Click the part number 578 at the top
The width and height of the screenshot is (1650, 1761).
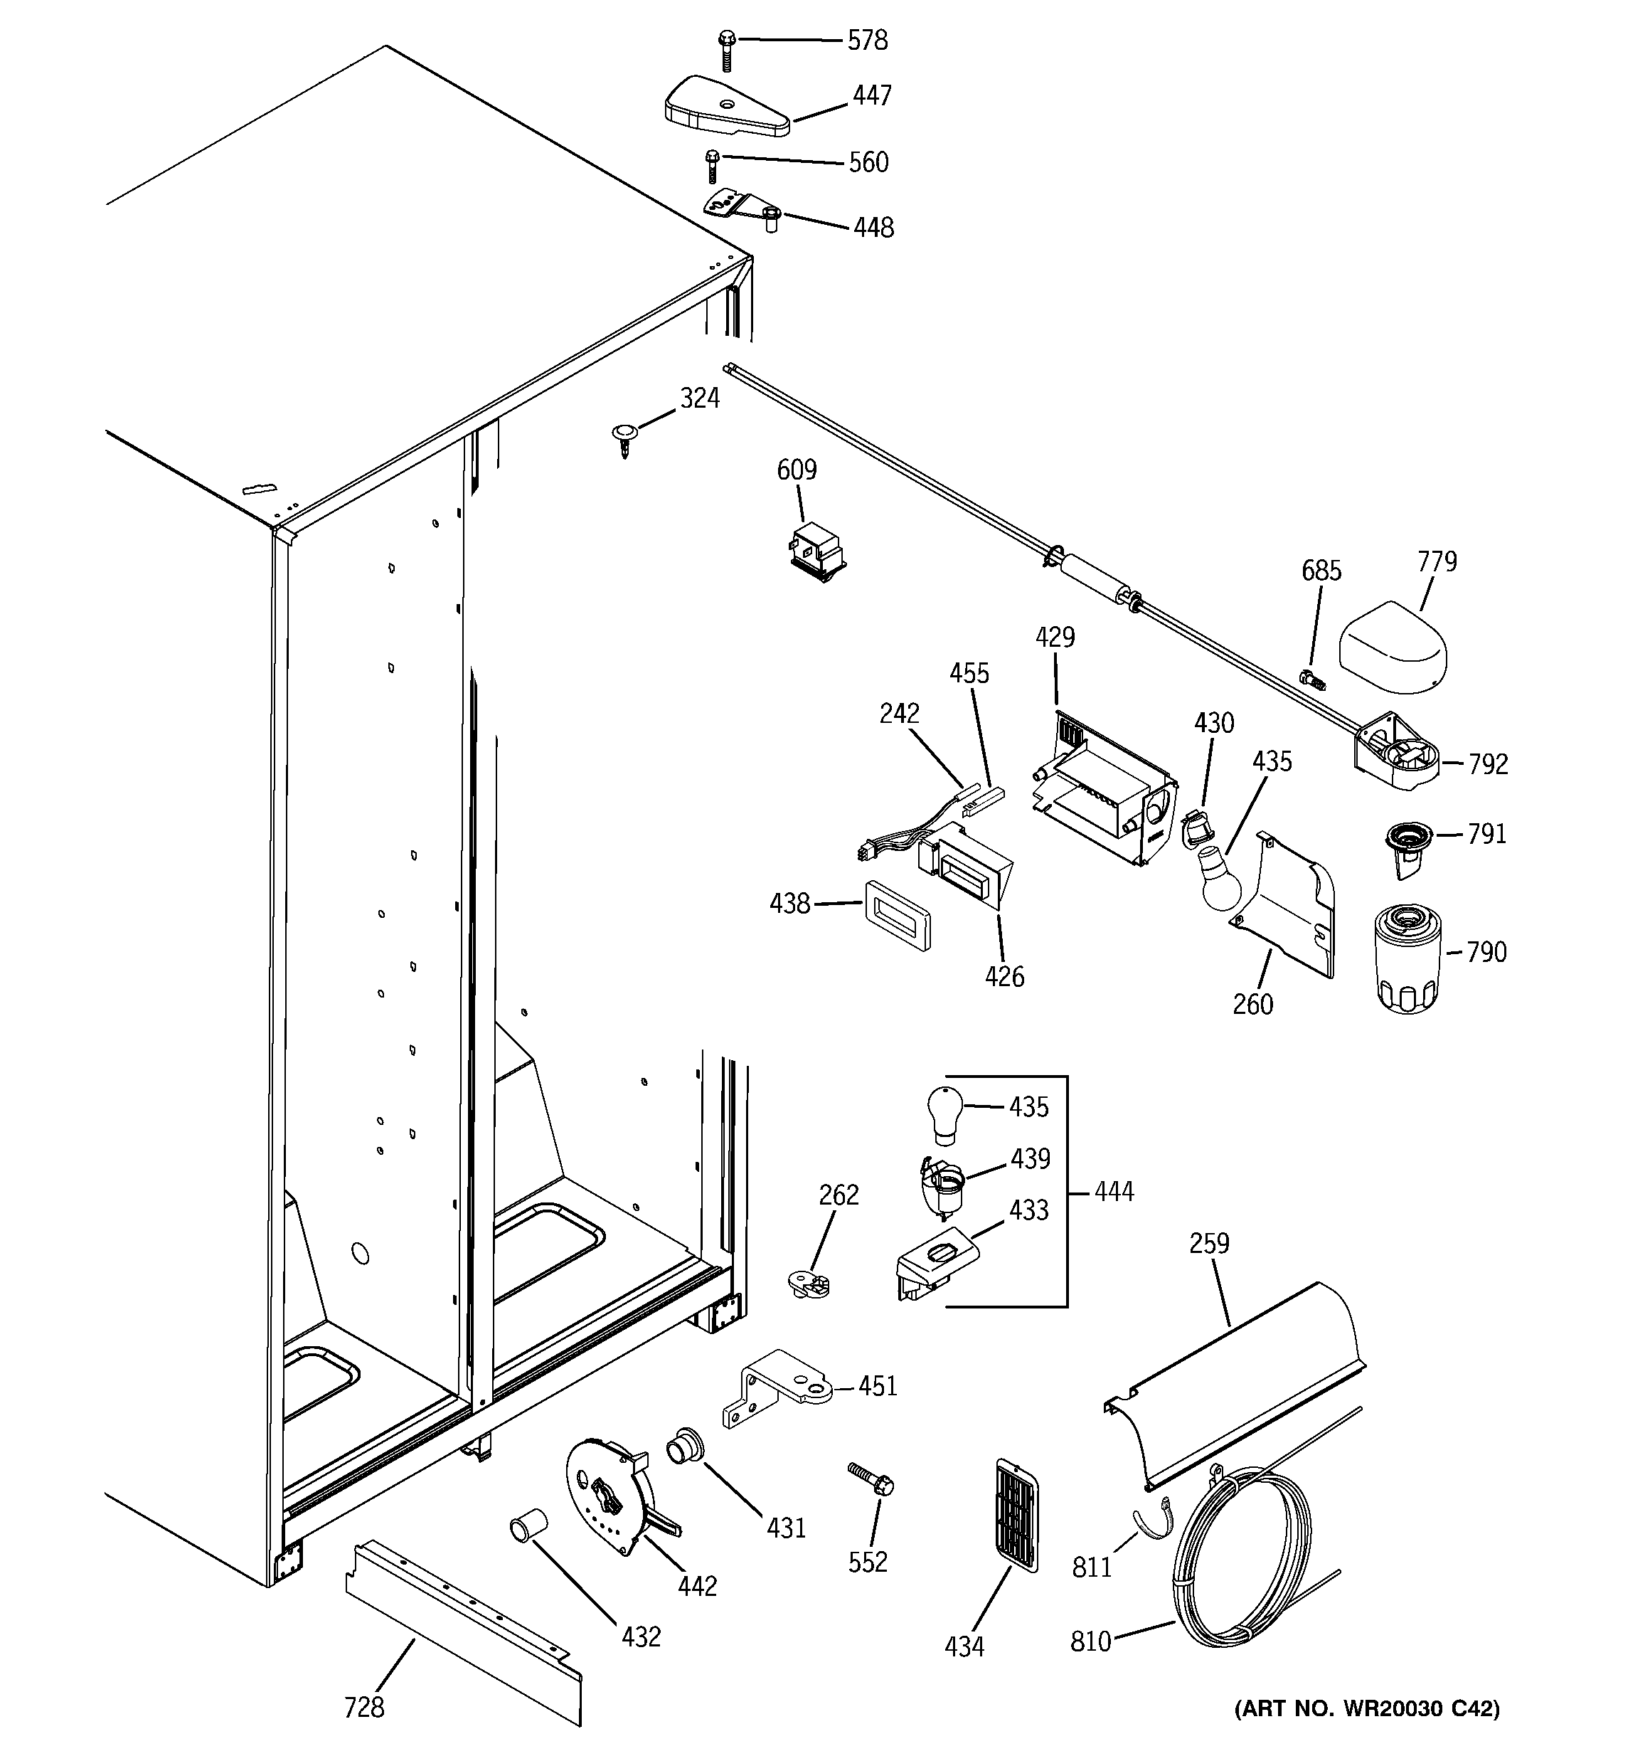(x=867, y=41)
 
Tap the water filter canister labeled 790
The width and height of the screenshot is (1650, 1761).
(x=1407, y=958)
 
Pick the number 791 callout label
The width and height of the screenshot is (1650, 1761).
(x=1486, y=834)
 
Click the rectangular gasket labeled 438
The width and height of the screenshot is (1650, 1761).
(x=897, y=915)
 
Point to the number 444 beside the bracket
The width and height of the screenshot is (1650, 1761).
(x=1113, y=1192)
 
